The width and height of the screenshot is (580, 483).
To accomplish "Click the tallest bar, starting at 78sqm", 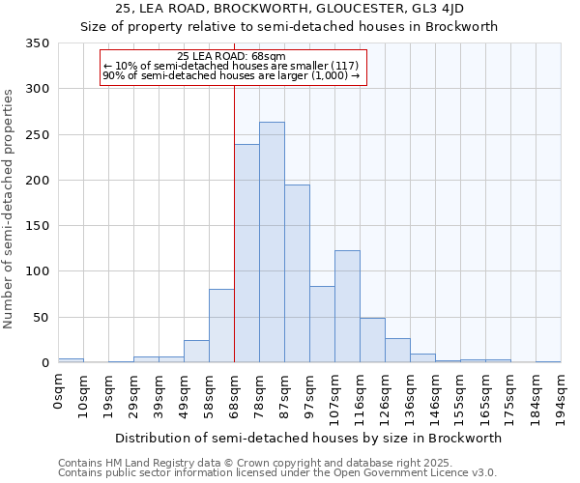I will [x=272, y=242].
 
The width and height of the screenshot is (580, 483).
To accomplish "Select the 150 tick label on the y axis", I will [x=39, y=226].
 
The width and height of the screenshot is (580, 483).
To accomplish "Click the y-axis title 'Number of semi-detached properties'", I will [x=10, y=209].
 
